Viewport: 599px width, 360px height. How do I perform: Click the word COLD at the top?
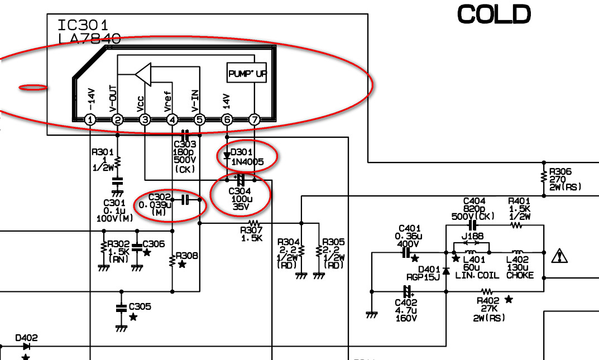(x=493, y=15)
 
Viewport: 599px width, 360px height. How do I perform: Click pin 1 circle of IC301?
(x=90, y=119)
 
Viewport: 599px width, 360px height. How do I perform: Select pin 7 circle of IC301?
(x=254, y=119)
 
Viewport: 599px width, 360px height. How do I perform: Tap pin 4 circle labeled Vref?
(x=172, y=119)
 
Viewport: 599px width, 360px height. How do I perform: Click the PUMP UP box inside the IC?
(x=247, y=73)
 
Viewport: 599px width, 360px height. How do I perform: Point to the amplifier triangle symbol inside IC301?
(x=143, y=74)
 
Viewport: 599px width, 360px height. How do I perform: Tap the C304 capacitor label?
(x=241, y=191)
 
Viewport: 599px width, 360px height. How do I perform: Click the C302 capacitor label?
(x=160, y=196)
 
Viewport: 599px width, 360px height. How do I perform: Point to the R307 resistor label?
(x=251, y=229)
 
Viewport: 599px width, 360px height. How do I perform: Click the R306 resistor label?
(x=560, y=172)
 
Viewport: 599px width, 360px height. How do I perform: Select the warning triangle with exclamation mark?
(x=559, y=256)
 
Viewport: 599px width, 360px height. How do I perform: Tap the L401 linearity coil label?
(x=474, y=259)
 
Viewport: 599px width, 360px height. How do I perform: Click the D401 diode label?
(x=429, y=269)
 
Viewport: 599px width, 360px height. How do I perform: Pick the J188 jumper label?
(x=473, y=236)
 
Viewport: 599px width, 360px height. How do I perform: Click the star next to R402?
(x=509, y=300)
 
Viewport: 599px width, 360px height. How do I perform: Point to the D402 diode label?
(x=26, y=338)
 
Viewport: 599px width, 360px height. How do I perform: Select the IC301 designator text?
(x=83, y=25)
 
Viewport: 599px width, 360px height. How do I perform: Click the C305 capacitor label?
(x=140, y=306)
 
